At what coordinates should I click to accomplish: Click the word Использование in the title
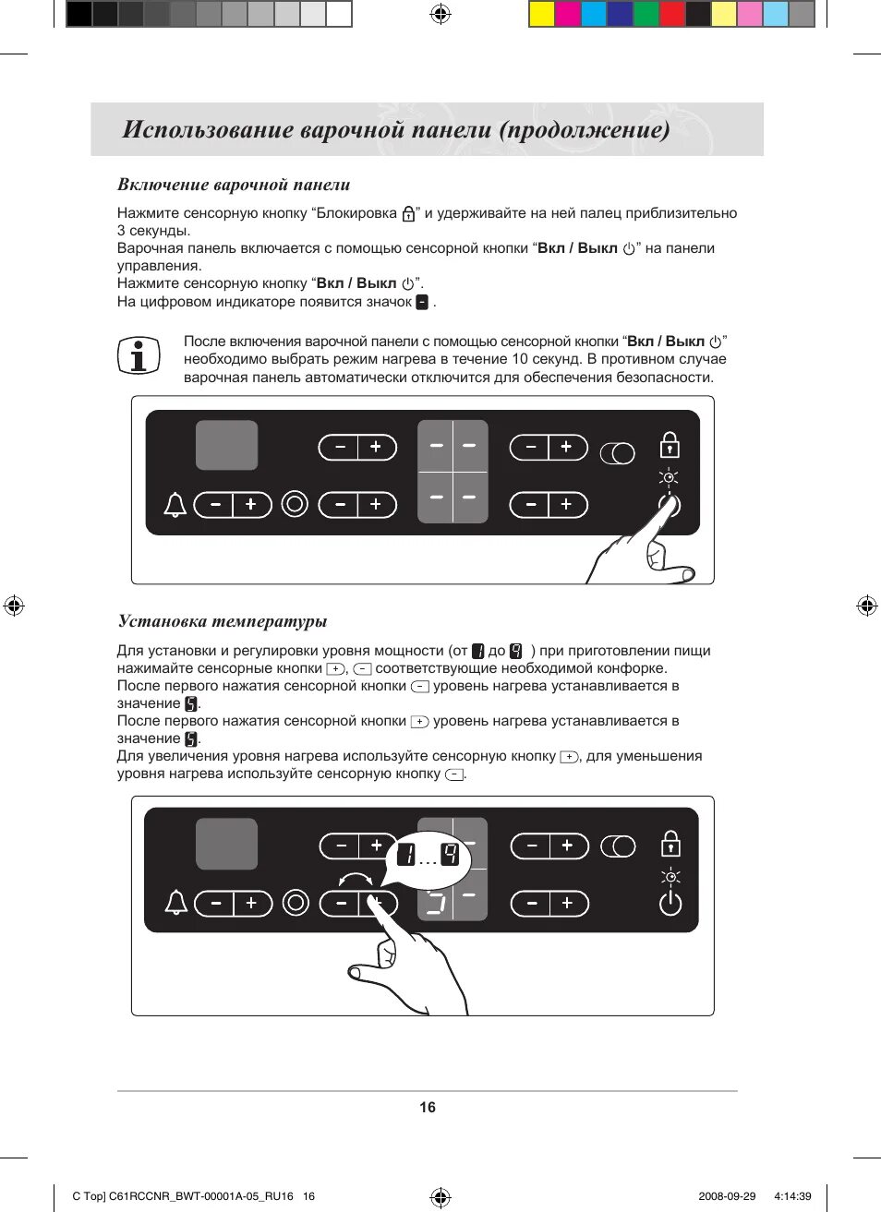point(209,129)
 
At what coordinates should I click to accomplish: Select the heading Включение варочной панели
point(234,185)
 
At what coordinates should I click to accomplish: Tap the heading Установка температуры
point(223,621)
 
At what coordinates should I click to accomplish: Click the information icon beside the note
point(139,355)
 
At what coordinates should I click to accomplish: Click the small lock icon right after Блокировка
point(408,214)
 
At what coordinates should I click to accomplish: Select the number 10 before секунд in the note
point(520,359)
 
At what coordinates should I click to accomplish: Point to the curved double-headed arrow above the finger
point(356,879)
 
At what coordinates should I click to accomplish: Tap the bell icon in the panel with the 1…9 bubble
point(175,902)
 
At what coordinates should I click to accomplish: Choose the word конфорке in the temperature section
point(634,668)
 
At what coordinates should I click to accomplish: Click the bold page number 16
point(428,1108)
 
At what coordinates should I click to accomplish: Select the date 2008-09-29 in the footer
point(727,1196)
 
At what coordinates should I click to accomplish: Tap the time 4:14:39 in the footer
point(792,1196)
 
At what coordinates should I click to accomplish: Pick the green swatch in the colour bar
point(646,14)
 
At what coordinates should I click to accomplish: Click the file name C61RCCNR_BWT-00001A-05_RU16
point(200,1196)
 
